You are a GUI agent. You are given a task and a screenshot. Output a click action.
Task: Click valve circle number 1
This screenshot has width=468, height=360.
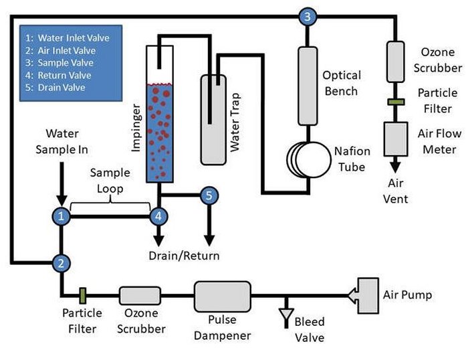click(61, 216)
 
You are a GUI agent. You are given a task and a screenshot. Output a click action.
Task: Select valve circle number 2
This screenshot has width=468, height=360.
click(61, 263)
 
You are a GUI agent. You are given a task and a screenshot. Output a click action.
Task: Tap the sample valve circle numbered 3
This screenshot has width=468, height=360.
click(306, 17)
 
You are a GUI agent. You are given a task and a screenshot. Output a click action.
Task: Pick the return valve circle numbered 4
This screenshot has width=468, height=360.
click(158, 216)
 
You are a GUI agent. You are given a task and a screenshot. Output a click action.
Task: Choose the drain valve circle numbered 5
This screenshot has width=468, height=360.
click(209, 195)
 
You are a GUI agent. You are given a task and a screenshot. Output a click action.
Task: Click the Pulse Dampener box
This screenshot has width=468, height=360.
click(223, 294)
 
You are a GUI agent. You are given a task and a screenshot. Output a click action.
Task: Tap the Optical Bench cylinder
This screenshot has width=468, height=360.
click(308, 86)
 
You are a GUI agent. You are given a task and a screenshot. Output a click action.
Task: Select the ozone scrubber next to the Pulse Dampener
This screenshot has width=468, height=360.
click(140, 294)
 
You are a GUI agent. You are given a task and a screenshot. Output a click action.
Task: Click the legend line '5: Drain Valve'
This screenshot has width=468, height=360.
click(61, 88)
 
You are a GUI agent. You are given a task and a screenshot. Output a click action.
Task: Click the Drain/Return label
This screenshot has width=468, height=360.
click(183, 255)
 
